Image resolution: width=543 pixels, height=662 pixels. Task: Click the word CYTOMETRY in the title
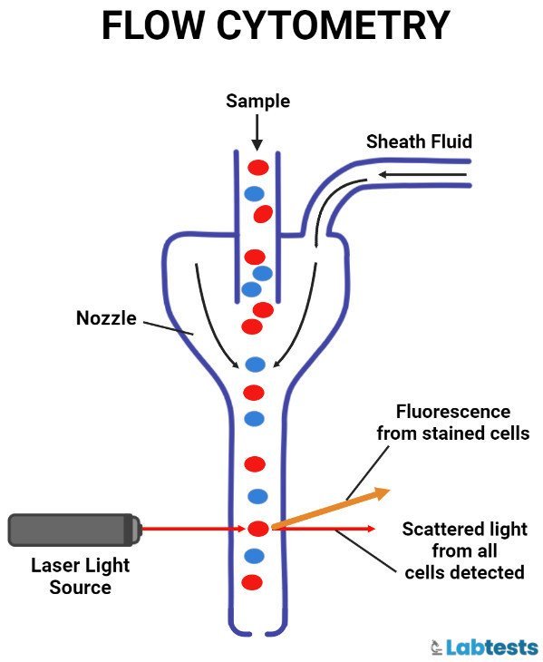(x=335, y=26)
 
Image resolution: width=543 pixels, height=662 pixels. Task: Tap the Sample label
(x=257, y=101)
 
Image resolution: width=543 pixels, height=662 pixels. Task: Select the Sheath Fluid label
(x=419, y=141)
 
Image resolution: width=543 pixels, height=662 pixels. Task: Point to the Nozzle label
(x=106, y=318)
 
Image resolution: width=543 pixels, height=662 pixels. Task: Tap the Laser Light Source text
(x=81, y=576)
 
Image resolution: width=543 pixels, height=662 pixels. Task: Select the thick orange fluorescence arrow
(x=331, y=509)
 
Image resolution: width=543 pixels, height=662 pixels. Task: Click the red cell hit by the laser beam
(x=258, y=528)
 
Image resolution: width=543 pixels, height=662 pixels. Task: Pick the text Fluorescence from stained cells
(x=452, y=423)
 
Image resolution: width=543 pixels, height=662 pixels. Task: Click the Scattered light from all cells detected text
(x=463, y=550)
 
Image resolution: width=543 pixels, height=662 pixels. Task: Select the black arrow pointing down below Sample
(x=257, y=132)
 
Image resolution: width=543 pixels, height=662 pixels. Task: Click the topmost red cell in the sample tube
(x=258, y=167)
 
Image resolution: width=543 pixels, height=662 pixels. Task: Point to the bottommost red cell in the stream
(x=253, y=581)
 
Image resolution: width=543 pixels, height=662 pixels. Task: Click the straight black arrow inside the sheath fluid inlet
(x=403, y=174)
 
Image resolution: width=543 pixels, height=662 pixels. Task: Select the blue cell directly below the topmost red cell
(x=255, y=193)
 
